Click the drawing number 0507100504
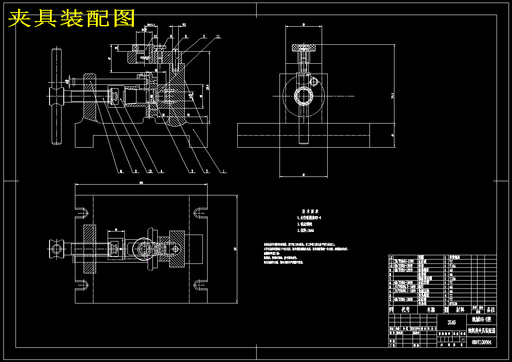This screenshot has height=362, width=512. click(482, 343)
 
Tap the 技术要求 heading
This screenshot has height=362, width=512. click(310, 211)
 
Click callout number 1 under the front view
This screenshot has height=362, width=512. click(224, 171)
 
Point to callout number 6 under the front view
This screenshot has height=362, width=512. click(121, 171)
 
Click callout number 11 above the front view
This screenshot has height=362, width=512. click(218, 37)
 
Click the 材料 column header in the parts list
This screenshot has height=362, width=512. click(460, 309)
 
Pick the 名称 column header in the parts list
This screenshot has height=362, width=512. click(430, 309)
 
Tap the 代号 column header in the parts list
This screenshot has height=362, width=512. click(405, 309)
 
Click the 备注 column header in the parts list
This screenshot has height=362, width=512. click(490, 309)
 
